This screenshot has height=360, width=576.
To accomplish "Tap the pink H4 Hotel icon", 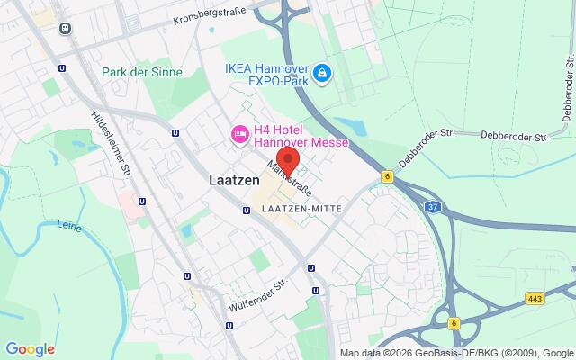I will click(x=239, y=134).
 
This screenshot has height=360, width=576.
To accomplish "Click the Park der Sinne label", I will click(x=142, y=72).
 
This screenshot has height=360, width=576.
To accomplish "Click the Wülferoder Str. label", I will click(x=261, y=291).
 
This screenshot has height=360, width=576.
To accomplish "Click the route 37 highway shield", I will click(x=434, y=208).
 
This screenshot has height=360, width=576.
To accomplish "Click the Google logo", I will click(x=30, y=349).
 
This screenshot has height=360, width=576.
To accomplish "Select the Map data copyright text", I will click(x=456, y=353).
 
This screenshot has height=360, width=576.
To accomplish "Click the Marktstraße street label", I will click(x=290, y=179).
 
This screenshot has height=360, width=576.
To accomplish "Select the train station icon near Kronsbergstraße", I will click(x=65, y=28).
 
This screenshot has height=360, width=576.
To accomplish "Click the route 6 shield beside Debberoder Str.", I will click(x=387, y=177).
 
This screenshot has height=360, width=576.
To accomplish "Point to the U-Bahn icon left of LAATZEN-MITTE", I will click(x=247, y=211).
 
